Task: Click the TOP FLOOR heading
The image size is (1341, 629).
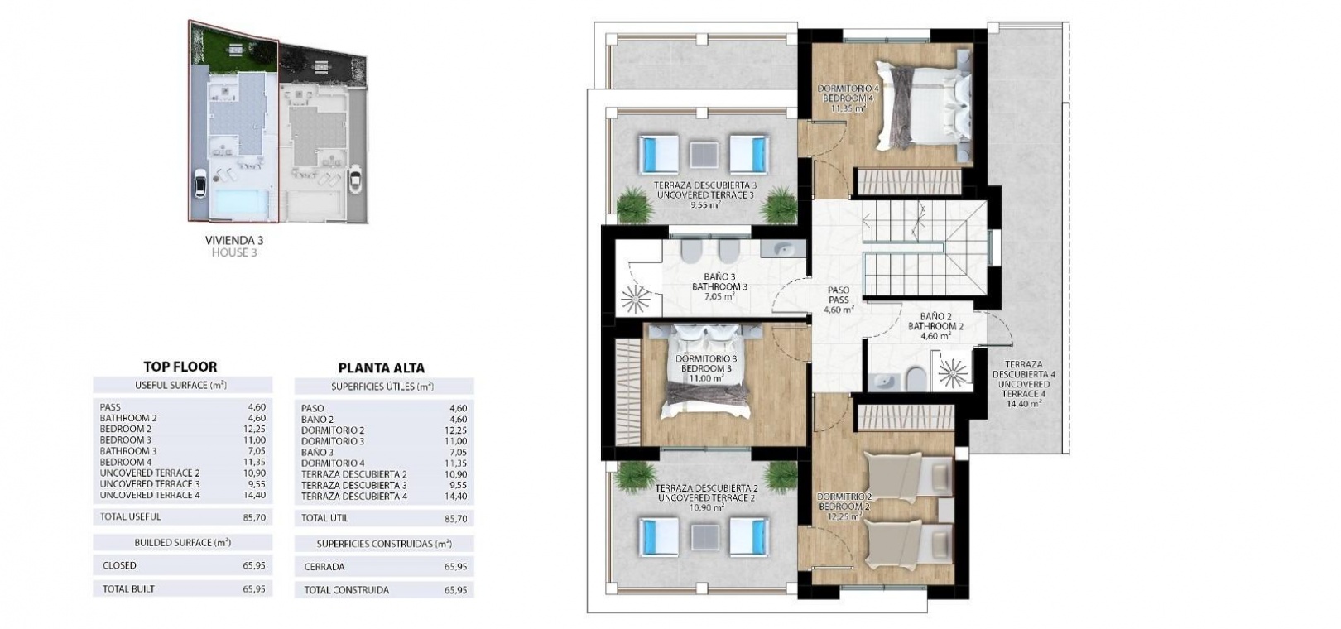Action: pos(180,367)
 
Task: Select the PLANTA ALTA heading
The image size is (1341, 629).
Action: pos(382,368)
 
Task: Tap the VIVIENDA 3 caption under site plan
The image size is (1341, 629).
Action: pos(234,240)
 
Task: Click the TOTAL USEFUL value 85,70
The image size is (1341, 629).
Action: pos(254,517)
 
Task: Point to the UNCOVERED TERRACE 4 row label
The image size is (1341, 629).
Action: pos(151,495)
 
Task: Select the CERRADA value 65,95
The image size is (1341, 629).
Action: pos(455,567)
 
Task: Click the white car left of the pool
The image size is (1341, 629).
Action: pos(199,182)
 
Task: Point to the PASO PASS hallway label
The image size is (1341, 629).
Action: pos(838,295)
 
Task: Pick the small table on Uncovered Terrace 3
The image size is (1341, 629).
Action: pos(704,155)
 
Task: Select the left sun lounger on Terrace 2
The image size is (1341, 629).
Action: pos(658,537)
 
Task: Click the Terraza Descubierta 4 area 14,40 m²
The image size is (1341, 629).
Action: pos(1024,404)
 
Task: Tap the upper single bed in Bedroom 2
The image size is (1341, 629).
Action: pos(908,474)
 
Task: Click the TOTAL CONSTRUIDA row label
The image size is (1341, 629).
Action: pos(347,590)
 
